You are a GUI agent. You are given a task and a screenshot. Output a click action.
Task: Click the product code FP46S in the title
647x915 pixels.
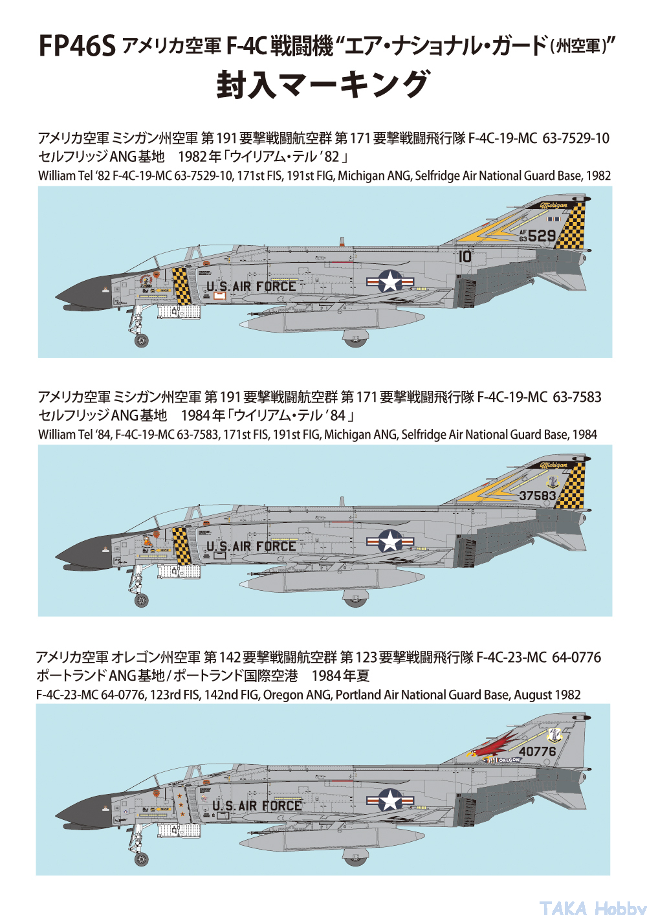coord(77,47)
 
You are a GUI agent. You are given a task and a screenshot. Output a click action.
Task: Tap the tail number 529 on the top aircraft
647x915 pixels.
coord(542,236)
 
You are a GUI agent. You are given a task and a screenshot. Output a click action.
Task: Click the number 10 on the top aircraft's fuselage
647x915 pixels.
coord(465,256)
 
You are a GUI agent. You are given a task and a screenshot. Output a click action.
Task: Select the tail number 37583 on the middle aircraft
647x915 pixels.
coord(538,496)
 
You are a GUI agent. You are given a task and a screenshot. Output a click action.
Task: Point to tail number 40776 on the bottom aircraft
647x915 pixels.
coord(537,751)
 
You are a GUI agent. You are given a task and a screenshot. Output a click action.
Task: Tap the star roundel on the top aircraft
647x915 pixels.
coord(390,281)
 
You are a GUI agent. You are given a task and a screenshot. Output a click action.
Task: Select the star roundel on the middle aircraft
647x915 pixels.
coord(390,541)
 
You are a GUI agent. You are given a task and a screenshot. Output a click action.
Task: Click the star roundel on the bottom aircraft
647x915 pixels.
coord(390,800)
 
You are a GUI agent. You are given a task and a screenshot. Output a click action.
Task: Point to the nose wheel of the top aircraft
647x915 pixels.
coord(141,340)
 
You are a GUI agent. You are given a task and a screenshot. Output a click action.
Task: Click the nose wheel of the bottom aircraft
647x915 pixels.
coord(141,859)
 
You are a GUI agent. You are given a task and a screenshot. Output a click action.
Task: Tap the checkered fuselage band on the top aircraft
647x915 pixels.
coord(182,286)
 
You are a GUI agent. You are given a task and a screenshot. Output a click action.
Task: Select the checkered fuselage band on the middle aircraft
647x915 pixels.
coord(182,546)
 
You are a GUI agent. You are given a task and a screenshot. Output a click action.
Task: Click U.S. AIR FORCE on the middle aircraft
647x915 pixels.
coord(251,547)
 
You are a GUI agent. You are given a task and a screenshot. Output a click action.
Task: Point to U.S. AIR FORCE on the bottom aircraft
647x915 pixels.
coord(258,806)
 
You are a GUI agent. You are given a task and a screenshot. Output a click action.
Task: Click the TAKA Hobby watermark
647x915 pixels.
coord(592,907)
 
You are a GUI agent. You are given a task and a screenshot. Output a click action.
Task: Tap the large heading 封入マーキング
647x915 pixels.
coord(323,85)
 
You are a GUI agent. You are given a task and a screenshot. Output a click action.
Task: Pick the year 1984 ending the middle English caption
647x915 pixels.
coord(584,435)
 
